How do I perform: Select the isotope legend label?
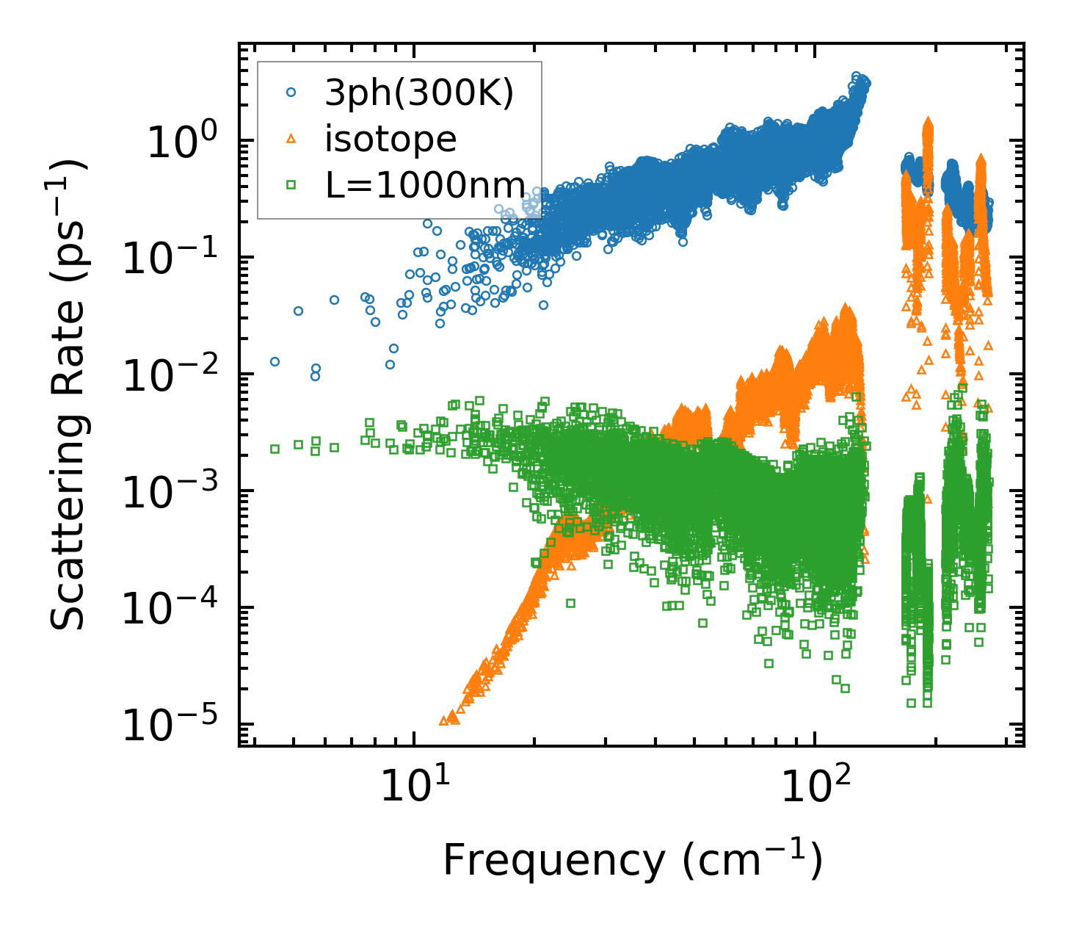point(390,139)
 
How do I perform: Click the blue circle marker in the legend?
point(291,93)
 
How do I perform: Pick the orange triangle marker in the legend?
point(291,139)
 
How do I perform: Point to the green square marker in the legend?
point(291,185)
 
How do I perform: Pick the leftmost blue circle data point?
point(275,361)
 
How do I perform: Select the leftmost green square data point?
point(275,449)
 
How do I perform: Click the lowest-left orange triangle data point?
point(443,720)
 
